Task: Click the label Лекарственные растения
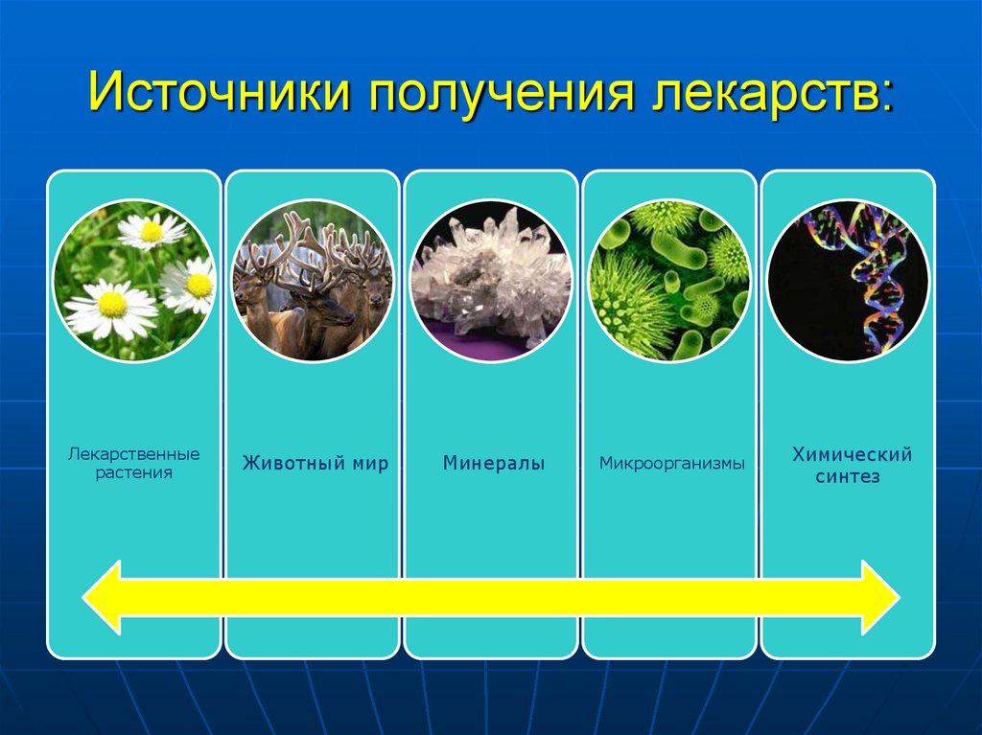coord(133,463)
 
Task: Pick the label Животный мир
coord(315,465)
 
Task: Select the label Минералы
coord(493,465)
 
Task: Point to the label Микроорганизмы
coord(672,465)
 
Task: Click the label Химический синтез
coord(851,465)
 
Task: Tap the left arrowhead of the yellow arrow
coord(104,598)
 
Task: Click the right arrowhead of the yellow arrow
coord(877,598)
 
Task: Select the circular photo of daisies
coord(134,281)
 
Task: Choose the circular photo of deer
coord(313,281)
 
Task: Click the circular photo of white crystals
coord(491,281)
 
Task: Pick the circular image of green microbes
coord(669,281)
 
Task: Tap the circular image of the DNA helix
coord(849,281)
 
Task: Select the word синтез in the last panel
coord(851,476)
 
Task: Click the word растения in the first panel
coord(133,473)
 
